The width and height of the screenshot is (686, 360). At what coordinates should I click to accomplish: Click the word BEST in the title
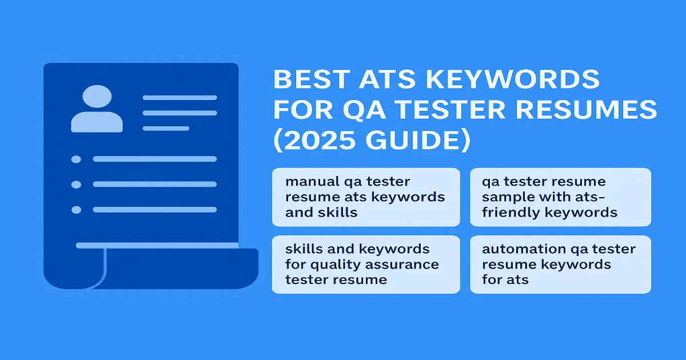pyautogui.click(x=312, y=79)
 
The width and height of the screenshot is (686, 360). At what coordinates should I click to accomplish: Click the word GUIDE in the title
pyautogui.click(x=413, y=140)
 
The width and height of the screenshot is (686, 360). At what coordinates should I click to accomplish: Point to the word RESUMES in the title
pyautogui.click(x=587, y=110)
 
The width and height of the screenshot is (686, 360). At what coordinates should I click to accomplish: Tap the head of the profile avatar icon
pyautogui.click(x=97, y=96)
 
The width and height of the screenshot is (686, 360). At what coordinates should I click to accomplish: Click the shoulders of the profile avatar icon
pyautogui.click(x=97, y=122)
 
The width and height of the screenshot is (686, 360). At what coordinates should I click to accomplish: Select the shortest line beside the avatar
pyautogui.click(x=166, y=129)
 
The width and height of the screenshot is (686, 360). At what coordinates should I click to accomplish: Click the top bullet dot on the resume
pyautogui.click(x=76, y=159)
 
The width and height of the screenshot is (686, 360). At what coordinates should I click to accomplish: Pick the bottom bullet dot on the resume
pyautogui.click(x=76, y=210)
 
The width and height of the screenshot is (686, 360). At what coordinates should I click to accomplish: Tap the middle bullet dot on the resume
pyautogui.click(x=76, y=185)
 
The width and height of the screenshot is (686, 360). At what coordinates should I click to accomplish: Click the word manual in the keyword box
pyautogui.click(x=312, y=182)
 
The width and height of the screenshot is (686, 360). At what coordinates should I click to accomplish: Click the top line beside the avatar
pyautogui.click(x=180, y=98)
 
